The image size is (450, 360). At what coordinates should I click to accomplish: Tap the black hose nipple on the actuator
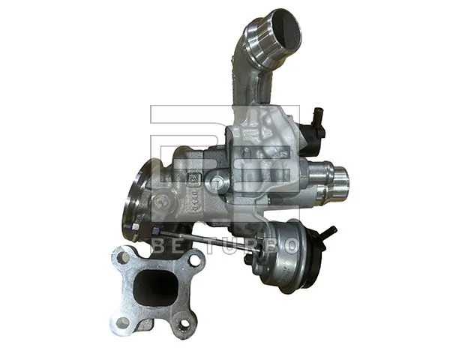(328, 233)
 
